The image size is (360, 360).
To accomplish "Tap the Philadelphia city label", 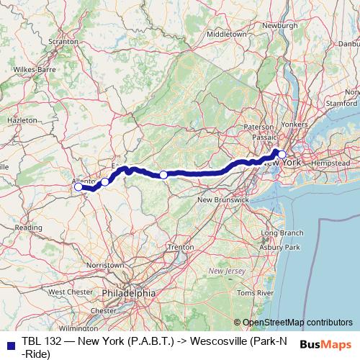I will pos(130,293).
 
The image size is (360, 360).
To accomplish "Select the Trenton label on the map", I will pos(180,247).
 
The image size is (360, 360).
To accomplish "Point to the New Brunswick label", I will pos(223,199).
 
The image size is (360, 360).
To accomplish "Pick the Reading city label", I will pos(29,228).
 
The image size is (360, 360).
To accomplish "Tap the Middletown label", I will pos(225,34).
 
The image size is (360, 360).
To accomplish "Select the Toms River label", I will pos(256,294).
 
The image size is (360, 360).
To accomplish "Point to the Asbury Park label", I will pos(282,248).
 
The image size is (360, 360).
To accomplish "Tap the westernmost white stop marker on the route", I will pos(78,186).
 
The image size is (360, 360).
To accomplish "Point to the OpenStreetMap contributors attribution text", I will pos(297,322).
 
